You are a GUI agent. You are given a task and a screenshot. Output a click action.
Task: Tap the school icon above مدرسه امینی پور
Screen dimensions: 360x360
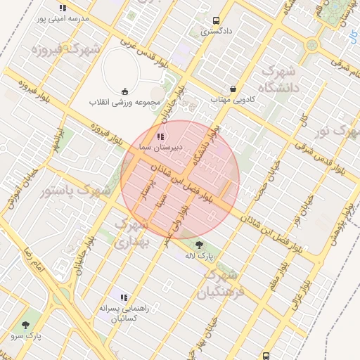(x=63, y=8)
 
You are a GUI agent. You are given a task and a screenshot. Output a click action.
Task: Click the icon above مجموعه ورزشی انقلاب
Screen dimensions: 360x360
(x=125, y=91)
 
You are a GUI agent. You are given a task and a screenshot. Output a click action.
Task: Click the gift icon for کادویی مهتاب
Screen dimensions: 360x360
(x=233, y=89)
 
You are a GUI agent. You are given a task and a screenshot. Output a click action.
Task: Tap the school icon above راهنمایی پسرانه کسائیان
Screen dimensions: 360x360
(x=124, y=297)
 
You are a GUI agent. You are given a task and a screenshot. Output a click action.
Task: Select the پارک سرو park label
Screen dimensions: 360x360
(x=26, y=336)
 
